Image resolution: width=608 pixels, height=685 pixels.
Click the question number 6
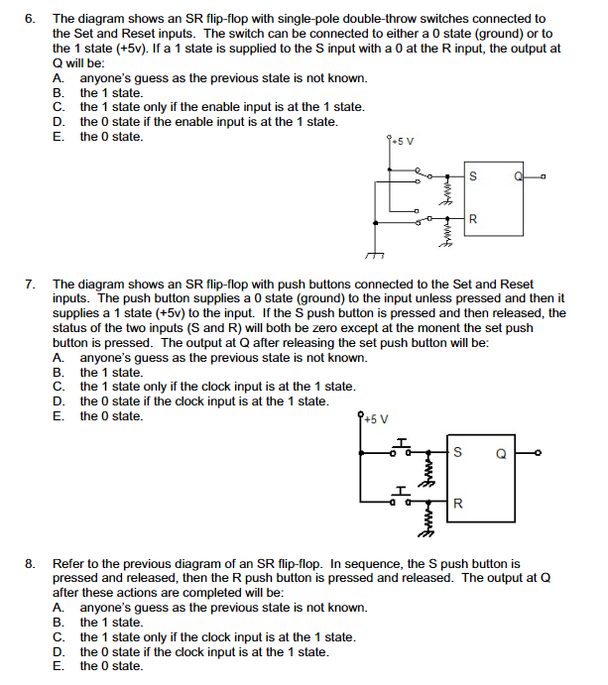pos(30,19)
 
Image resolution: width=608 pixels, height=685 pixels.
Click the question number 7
pos(30,285)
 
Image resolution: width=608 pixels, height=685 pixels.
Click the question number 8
pos(30,563)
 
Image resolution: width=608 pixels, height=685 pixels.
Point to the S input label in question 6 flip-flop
pos(473,177)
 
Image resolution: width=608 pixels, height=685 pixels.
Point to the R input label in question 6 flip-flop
pos(473,217)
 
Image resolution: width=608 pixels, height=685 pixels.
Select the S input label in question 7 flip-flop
pos(457,455)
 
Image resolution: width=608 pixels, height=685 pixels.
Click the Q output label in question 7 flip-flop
pos(501,456)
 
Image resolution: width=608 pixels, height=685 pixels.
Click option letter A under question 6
pos(59,77)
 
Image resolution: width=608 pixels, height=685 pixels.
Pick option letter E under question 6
pos(59,137)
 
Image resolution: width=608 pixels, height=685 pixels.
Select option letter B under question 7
pos(59,373)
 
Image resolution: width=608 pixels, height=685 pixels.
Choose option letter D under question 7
pos(59,401)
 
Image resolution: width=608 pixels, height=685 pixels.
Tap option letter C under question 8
pos(59,637)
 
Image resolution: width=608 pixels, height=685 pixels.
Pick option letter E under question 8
pos(59,666)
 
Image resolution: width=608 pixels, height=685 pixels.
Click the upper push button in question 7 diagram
pos(402,448)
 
